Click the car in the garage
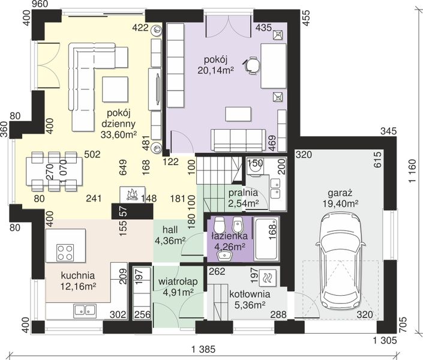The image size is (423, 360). click(x=341, y=259)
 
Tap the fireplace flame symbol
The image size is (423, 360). click(x=132, y=194)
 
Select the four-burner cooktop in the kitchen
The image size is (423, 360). click(x=65, y=253)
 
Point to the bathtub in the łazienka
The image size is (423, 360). click(x=266, y=239)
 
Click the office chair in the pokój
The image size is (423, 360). click(x=252, y=65)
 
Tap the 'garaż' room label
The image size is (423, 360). click(x=340, y=193)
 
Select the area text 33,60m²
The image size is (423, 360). click(x=119, y=134)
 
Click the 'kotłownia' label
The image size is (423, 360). click(x=250, y=294)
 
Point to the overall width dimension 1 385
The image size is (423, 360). click(x=203, y=350)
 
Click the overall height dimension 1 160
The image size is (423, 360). click(x=412, y=171)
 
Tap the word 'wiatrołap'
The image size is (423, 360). click(x=178, y=281)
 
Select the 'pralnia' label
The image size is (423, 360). click(x=243, y=193)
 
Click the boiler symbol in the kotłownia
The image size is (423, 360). click(x=267, y=278)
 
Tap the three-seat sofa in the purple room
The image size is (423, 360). click(x=238, y=140)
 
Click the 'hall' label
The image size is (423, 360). click(x=170, y=230)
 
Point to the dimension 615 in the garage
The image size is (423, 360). click(x=377, y=160)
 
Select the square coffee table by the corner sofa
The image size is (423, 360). click(x=115, y=89)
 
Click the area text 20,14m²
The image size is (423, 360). click(x=215, y=70)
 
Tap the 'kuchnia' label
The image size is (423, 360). click(x=77, y=275)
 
